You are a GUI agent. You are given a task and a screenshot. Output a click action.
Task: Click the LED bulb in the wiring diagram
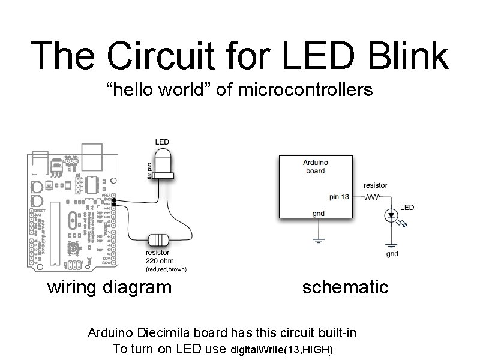pyautogui.click(x=161, y=163)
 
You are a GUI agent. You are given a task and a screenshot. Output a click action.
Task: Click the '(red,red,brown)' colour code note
pyautogui.click(x=166, y=269)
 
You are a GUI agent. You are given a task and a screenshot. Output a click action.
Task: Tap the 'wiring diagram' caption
pyautogui.click(x=109, y=287)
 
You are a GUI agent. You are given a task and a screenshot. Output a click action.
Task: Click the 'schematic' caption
pyautogui.click(x=345, y=287)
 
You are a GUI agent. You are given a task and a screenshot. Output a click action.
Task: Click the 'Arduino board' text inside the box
pyautogui.click(x=315, y=166)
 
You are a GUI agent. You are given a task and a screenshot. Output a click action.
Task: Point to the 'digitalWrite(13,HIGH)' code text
pyautogui.click(x=281, y=350)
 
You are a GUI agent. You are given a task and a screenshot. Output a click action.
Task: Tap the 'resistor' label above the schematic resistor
pyautogui.click(x=375, y=185)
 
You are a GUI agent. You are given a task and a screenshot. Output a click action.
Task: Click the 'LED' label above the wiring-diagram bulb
pyautogui.click(x=162, y=142)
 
